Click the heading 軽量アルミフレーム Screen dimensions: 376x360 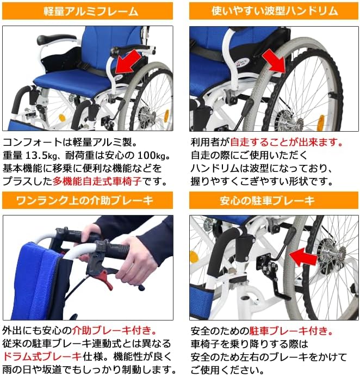pyautogui.click(x=90, y=11)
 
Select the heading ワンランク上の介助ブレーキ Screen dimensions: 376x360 pyautogui.click(x=90, y=201)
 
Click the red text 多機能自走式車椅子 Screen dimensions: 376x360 pyautogui.click(x=100, y=181)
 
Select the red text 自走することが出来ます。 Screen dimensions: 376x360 pyautogui.click(x=287, y=143)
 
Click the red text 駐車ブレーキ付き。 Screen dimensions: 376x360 pyautogui.click(x=291, y=331)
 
